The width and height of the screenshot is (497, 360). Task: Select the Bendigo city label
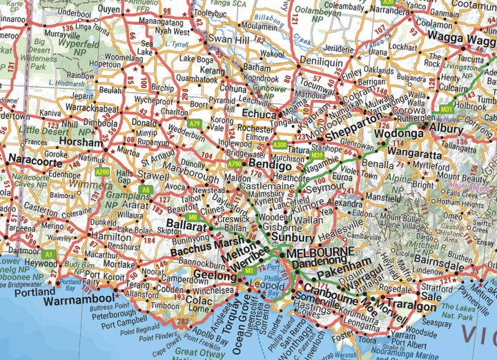pyautogui.click(x=271, y=166)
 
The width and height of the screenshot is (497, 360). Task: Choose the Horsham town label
pyautogui.click(x=81, y=142)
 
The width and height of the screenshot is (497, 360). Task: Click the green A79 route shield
pyautogui.click(x=195, y=123)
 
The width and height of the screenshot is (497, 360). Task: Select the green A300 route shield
pyautogui.click(x=280, y=145)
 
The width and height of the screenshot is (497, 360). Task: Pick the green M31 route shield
pyautogui.click(x=447, y=108)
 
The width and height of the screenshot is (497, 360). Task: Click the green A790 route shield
pyautogui.click(x=235, y=165)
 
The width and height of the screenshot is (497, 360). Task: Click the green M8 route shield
pyautogui.click(x=194, y=218)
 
